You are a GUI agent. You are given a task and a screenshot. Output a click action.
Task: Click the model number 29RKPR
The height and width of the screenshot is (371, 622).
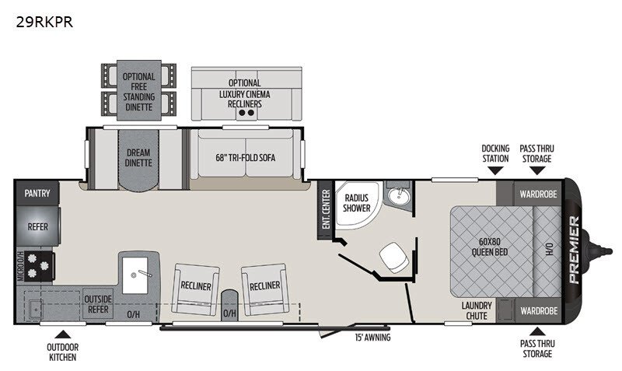click(44, 23)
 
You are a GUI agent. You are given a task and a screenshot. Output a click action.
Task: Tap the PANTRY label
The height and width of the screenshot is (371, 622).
click(37, 193)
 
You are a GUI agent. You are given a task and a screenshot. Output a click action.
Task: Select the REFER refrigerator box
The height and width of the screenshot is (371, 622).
click(38, 226)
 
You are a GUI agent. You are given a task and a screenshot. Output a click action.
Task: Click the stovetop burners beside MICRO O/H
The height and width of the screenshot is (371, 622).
click(39, 266)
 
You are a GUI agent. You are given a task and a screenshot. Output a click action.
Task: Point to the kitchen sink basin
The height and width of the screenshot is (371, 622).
click(135, 275)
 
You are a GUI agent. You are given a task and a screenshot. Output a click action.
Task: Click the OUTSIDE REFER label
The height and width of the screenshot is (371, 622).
click(98, 304)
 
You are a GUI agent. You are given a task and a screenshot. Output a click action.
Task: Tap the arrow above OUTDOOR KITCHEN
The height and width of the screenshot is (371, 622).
click(63, 334)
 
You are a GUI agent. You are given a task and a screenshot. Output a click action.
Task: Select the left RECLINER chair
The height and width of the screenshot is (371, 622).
click(195, 289)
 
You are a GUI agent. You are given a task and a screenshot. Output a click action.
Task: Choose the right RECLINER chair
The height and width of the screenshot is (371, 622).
click(264, 289)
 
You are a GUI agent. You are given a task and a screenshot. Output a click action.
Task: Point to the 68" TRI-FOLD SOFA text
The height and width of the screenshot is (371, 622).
click(246, 158)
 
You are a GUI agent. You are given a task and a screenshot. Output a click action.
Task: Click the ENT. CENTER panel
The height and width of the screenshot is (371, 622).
click(326, 209)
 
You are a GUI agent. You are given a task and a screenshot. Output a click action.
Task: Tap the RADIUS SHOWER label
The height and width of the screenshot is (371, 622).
click(357, 203)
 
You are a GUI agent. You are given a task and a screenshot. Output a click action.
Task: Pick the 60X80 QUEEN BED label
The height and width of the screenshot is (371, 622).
click(490, 247)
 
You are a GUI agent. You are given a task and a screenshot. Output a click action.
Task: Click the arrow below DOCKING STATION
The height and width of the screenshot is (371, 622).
click(495, 170)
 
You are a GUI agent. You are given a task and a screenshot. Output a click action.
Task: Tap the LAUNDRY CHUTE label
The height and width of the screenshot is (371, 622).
click(477, 310)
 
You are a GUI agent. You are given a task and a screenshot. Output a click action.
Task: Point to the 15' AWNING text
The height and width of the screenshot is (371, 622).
click(372, 338)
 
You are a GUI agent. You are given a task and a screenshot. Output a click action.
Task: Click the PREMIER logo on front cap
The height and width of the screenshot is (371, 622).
click(574, 250)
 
